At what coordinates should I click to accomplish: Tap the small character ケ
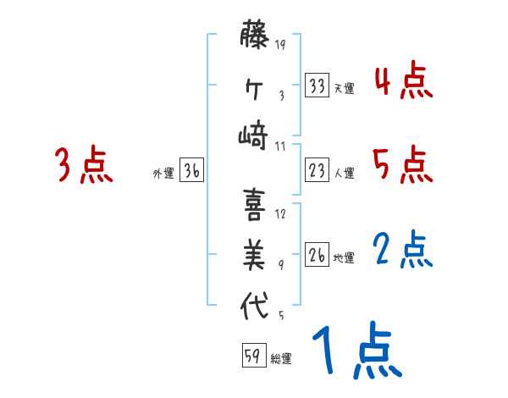coord(255,87)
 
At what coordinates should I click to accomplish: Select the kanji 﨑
coord(255,135)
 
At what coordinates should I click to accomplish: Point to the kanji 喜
coord(255,204)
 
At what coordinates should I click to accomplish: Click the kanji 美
coord(255,254)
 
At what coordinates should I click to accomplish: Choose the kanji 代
coord(255,305)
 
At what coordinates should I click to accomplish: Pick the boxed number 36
coord(191,171)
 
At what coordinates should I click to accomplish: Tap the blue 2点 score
coord(403,249)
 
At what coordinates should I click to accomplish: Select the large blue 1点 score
coord(355,351)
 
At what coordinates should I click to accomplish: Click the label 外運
coord(163,173)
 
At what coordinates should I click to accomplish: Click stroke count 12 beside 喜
coord(280,213)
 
